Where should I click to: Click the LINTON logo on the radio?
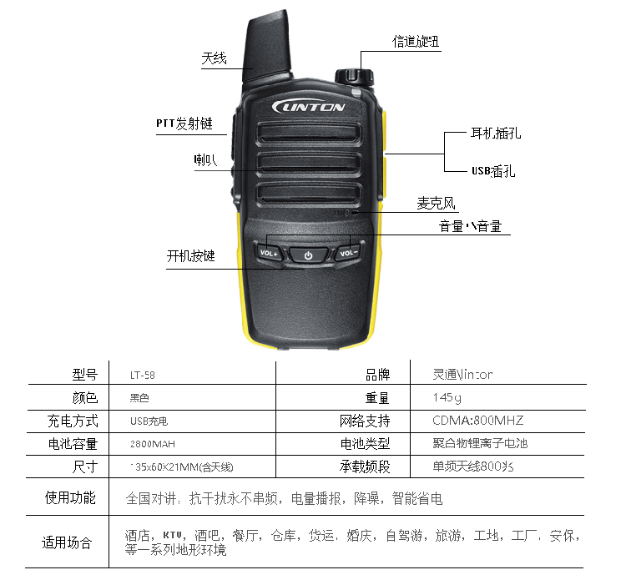tap(308, 107)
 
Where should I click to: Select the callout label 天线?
tap(214, 58)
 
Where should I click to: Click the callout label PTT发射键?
tap(184, 124)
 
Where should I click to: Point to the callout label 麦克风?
tap(437, 204)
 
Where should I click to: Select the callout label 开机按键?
tap(191, 255)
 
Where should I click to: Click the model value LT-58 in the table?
tap(144, 375)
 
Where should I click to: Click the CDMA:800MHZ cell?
tap(477, 421)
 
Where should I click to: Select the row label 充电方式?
tap(73, 421)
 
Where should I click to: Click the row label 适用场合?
tap(67, 542)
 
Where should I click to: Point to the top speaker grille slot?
tap(308, 133)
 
